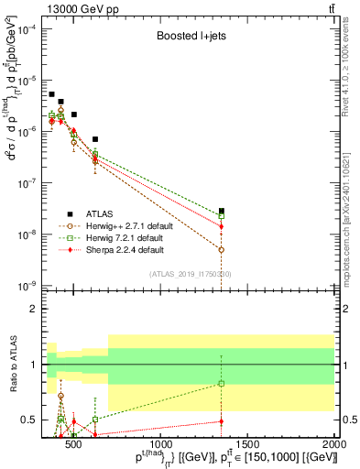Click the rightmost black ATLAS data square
(x=221, y=211)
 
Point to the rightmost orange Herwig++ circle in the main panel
(x=221, y=249)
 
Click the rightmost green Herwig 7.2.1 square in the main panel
(x=221, y=216)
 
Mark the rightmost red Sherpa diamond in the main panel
(x=221, y=226)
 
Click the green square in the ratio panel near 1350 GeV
(x=221, y=384)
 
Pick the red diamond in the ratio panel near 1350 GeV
(x=221, y=421)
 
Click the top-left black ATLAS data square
(x=52, y=94)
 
